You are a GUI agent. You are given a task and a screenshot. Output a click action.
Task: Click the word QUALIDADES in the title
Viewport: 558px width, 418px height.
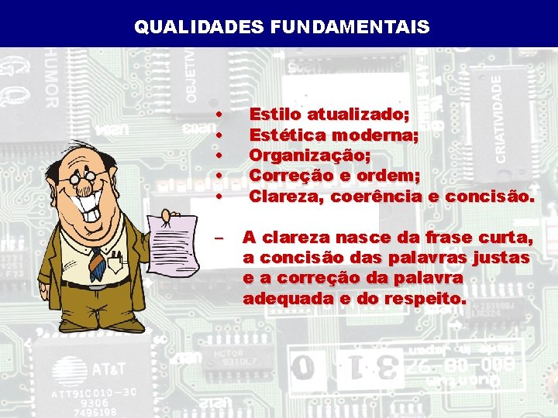click(199, 28)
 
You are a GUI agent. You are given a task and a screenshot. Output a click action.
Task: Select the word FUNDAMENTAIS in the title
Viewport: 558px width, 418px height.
click(350, 28)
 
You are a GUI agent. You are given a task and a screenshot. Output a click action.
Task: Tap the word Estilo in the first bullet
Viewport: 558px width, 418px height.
click(275, 115)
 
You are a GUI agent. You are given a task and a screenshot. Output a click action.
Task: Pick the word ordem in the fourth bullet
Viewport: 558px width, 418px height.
click(391, 176)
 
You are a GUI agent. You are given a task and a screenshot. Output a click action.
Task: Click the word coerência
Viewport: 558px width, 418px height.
click(376, 196)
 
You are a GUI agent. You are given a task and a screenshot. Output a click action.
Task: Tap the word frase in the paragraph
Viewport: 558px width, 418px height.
click(432, 236)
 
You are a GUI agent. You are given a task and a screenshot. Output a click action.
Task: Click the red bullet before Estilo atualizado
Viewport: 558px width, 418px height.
click(220, 115)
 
